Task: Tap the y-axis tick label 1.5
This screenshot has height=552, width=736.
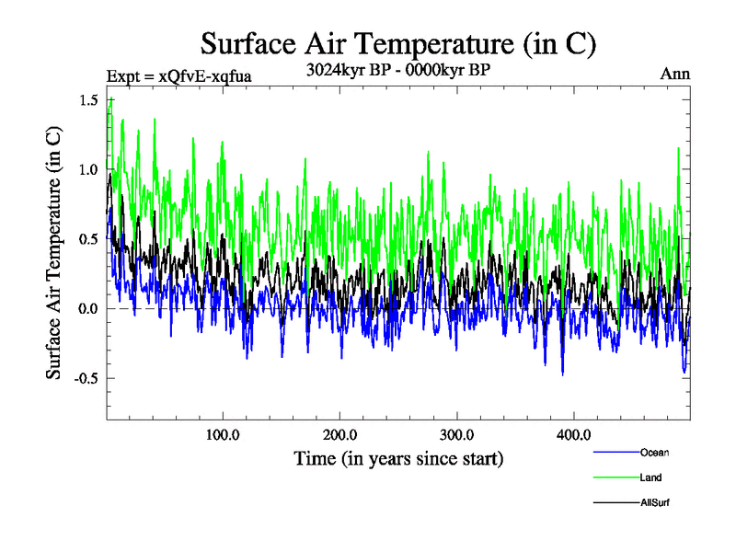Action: tap(89, 100)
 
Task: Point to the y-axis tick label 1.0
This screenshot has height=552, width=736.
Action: tap(89, 169)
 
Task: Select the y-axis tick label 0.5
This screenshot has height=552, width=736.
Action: tap(89, 239)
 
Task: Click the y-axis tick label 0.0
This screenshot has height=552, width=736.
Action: tap(89, 308)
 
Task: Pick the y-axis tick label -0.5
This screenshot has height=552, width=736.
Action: tap(86, 378)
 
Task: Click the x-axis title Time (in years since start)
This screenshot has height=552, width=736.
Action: tap(398, 457)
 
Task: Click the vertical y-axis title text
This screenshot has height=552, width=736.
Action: tap(54, 251)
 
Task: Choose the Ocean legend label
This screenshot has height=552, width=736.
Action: tap(654, 453)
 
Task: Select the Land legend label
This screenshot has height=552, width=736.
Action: tap(650, 477)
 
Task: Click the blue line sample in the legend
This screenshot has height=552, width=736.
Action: tap(616, 453)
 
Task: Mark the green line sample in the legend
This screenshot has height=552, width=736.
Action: tap(616, 477)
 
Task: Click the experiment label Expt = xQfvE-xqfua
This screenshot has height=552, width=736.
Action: tap(179, 75)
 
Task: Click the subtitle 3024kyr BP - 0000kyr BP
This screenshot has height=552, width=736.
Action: tap(398, 67)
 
